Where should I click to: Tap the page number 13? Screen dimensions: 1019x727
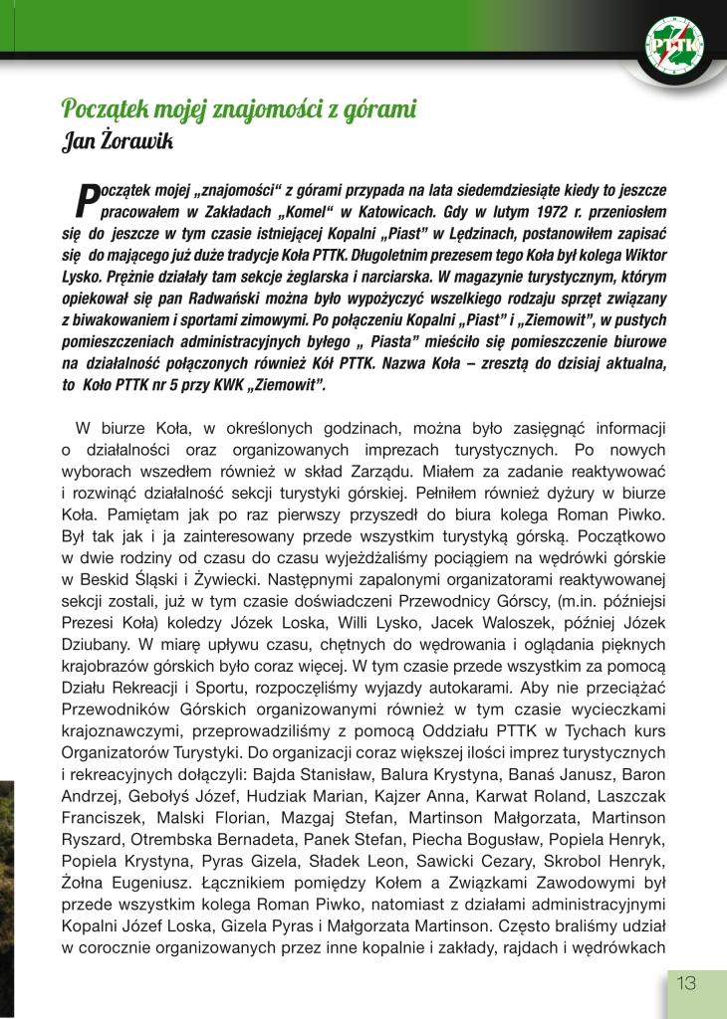pyautogui.click(x=687, y=984)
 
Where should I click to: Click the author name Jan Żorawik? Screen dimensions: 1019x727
pyautogui.click(x=118, y=142)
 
